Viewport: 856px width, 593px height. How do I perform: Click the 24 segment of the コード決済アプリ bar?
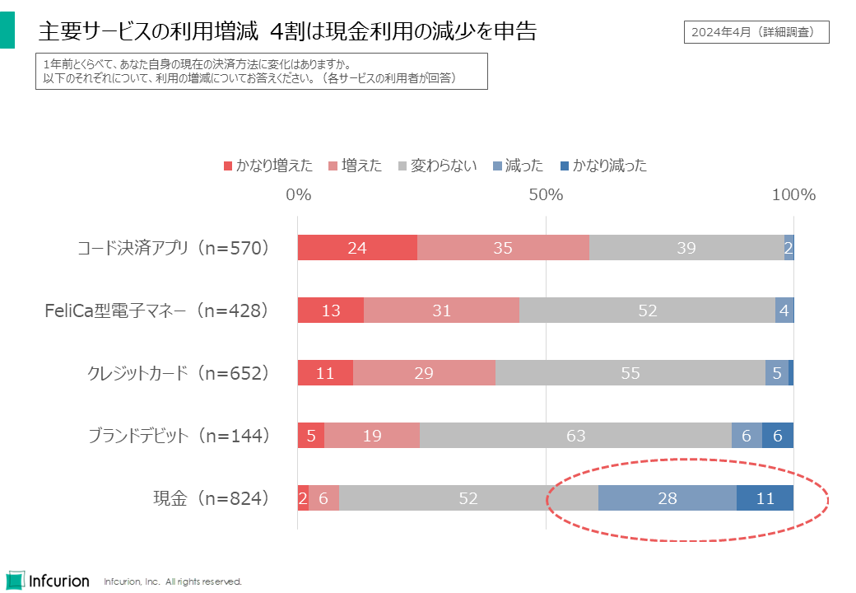[x=357, y=248]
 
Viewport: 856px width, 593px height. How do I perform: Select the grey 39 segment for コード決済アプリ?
[x=686, y=248]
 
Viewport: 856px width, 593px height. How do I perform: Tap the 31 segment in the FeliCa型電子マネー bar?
[x=441, y=311]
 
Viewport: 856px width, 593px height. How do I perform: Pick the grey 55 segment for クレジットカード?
[x=630, y=373]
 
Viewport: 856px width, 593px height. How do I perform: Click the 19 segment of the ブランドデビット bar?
[x=372, y=436]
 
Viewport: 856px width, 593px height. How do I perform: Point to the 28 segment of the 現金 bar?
[x=667, y=498]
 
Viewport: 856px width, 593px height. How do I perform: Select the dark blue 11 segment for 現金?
[x=765, y=498]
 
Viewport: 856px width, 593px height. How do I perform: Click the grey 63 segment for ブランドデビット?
[x=575, y=436]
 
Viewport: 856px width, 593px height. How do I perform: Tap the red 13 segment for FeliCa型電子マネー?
[x=331, y=311]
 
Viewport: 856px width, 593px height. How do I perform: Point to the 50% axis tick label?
[x=546, y=196]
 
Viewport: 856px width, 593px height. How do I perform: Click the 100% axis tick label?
[x=793, y=196]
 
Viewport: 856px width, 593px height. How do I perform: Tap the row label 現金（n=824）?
[x=212, y=498]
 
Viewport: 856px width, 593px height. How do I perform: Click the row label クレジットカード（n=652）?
[x=179, y=373]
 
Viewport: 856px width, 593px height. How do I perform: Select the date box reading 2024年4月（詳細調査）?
[x=756, y=32]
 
